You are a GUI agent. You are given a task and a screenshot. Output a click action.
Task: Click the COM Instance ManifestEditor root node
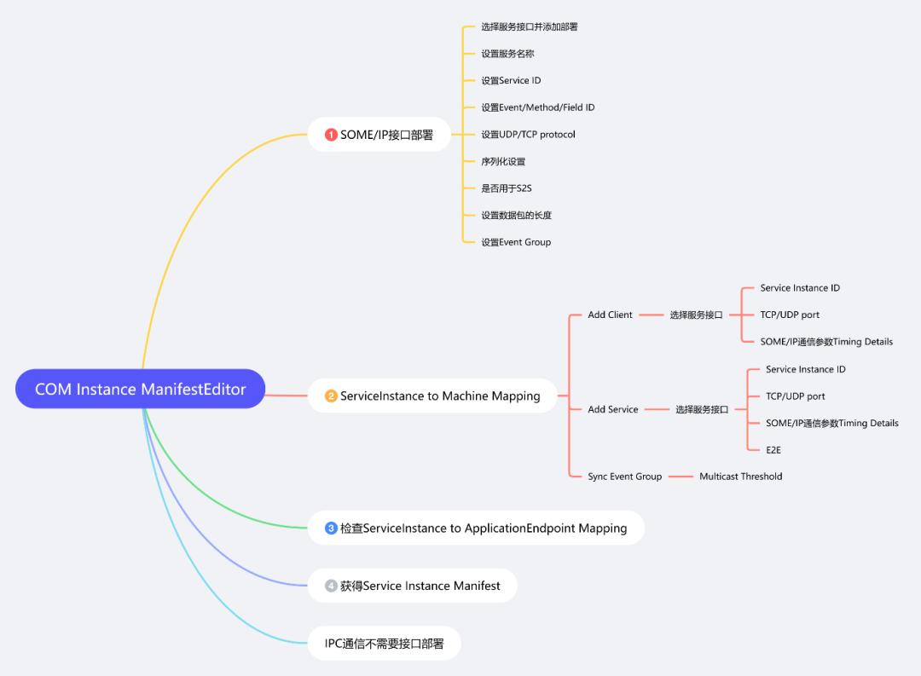141,390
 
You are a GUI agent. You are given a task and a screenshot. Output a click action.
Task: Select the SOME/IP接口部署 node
379,135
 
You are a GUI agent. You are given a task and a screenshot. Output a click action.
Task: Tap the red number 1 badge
332,135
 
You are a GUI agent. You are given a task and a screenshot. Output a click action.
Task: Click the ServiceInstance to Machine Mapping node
433,396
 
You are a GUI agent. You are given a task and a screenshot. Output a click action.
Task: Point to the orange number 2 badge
332,396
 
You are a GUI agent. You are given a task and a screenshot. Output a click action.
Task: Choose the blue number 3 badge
332,529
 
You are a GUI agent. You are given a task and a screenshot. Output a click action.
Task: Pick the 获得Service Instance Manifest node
413,586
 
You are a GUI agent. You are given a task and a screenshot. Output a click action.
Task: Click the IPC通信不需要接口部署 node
385,644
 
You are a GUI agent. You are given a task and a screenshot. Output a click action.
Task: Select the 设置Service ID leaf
511,81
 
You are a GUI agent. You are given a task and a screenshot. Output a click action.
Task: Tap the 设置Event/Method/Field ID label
538,107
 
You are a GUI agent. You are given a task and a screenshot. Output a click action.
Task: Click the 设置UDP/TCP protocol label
528,135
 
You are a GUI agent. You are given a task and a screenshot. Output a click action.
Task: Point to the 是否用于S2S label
507,188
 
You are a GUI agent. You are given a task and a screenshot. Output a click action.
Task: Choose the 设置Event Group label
516,242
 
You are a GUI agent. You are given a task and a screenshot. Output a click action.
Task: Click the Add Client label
610,315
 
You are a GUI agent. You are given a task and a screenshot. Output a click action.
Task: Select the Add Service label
613,409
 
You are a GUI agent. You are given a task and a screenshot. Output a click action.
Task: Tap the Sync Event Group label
624,477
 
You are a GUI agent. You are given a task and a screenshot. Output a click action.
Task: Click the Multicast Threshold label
741,477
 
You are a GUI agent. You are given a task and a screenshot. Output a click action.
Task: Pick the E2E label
774,449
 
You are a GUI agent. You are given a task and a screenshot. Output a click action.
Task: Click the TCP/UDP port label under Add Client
790,315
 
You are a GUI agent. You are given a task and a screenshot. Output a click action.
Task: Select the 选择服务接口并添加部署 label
530,27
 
